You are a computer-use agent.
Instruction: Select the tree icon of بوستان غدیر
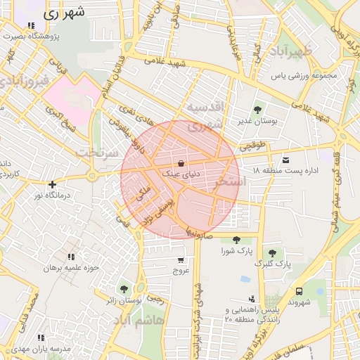pyautogui.click(x=257, y=110)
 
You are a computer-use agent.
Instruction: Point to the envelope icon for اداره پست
pyautogui.click(x=285, y=160)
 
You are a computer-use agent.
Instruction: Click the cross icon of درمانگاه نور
pyautogui.click(x=53, y=184)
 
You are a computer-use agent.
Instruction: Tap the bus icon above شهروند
pyautogui.click(x=300, y=290)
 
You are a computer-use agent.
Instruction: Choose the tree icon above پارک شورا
pyautogui.click(x=236, y=240)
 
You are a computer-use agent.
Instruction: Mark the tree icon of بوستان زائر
pyautogui.click(x=124, y=289)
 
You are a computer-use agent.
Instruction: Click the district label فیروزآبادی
pyautogui.click(x=27, y=80)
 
